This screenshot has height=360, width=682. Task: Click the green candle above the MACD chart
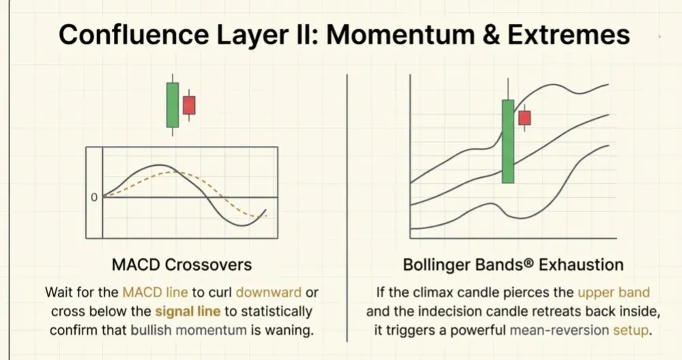click(173, 105)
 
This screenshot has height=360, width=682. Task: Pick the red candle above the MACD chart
click(189, 105)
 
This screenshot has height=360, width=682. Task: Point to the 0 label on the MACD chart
click(94, 198)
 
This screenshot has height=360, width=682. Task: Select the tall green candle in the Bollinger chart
click(507, 141)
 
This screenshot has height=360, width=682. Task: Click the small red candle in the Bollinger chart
click(524, 117)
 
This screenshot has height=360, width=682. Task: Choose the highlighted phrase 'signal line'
click(188, 312)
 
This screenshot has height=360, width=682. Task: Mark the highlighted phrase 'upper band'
click(614, 292)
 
